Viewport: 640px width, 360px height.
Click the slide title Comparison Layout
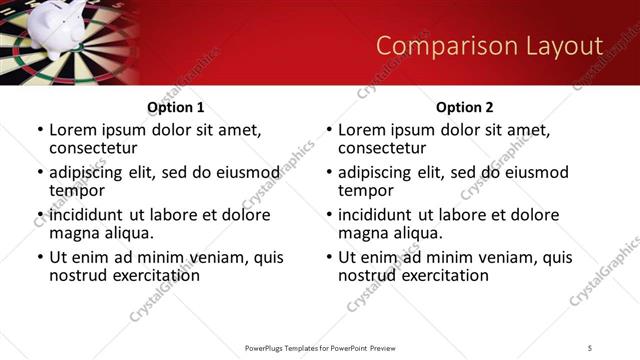point(489,46)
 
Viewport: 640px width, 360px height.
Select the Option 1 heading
point(175,107)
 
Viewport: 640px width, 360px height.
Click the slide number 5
point(590,347)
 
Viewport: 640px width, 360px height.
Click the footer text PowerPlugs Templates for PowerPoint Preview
point(320,347)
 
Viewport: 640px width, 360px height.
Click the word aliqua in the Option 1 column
point(125,233)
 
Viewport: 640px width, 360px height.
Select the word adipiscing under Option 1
point(91,172)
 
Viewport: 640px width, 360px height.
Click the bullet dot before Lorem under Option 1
point(40,131)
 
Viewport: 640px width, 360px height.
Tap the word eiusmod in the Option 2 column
point(535,172)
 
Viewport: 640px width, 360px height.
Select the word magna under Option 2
point(364,233)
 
